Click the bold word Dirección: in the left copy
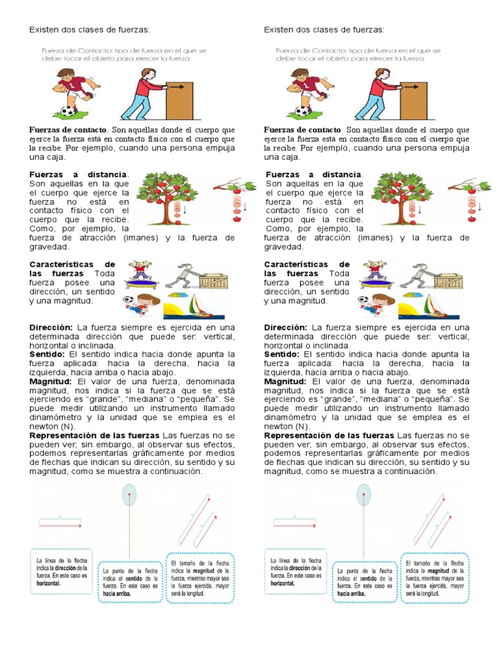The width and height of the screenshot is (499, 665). point(51,328)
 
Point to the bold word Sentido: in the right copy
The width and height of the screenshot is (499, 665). point(282,355)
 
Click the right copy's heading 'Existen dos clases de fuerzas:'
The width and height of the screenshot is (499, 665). point(324,30)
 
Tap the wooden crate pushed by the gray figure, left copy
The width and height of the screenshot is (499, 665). point(213,281)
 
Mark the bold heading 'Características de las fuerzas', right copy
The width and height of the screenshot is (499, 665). point(307,269)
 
